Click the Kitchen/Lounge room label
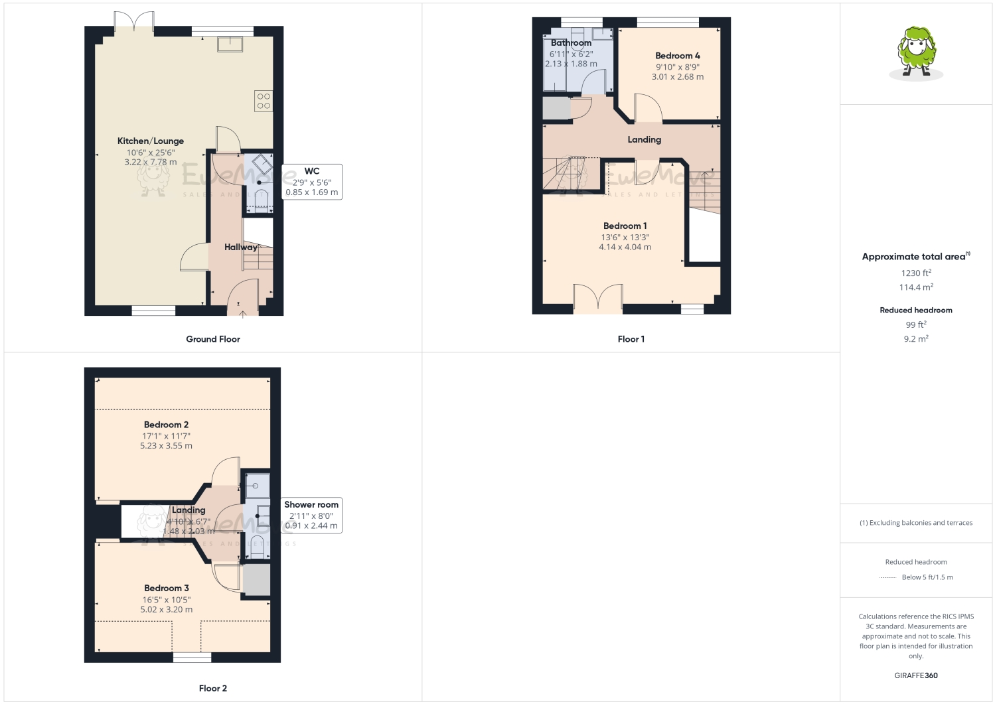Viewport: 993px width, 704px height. point(151,141)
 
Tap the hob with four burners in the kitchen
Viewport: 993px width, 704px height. point(264,101)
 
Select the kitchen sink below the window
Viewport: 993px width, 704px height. point(230,44)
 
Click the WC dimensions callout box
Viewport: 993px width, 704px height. point(311,182)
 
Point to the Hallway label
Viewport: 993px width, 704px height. point(240,247)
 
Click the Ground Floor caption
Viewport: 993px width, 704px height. point(213,339)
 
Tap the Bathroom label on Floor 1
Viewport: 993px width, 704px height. point(571,43)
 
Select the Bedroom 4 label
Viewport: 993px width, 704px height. point(678,56)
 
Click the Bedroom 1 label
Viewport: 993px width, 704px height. point(625,226)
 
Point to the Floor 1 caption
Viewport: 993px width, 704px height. point(631,339)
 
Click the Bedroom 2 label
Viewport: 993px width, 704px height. point(166,425)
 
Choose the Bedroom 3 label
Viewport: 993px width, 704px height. point(167,588)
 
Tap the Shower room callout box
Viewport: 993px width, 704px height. point(311,515)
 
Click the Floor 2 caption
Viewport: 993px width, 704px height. point(213,688)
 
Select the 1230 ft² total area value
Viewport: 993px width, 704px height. point(916,273)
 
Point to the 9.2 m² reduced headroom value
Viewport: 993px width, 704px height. point(916,338)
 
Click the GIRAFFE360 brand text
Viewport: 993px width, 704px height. point(916,675)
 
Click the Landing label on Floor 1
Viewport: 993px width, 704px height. point(644,140)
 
